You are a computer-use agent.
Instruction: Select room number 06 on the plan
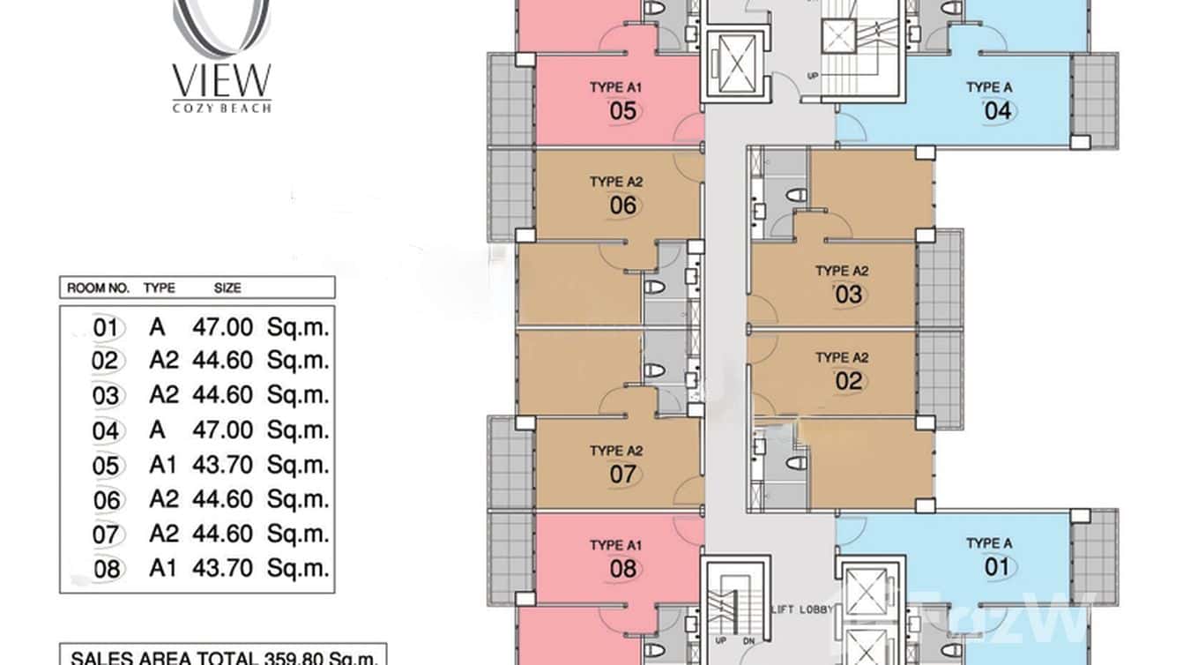point(622,205)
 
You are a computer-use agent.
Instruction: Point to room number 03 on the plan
point(848,294)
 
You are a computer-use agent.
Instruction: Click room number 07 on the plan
point(622,474)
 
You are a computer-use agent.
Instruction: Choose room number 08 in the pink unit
point(622,568)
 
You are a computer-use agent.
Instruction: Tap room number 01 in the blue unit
point(997,565)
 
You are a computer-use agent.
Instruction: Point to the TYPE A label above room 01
point(988,543)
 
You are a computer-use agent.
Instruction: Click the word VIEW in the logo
point(221,81)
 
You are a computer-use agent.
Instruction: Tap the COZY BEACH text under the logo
point(221,108)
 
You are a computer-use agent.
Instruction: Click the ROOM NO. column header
point(98,288)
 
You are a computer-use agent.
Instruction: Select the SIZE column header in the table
point(227,288)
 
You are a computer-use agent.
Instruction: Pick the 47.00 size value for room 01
point(223,328)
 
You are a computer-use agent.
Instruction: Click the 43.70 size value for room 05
point(223,466)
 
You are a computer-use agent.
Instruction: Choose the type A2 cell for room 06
point(163,500)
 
